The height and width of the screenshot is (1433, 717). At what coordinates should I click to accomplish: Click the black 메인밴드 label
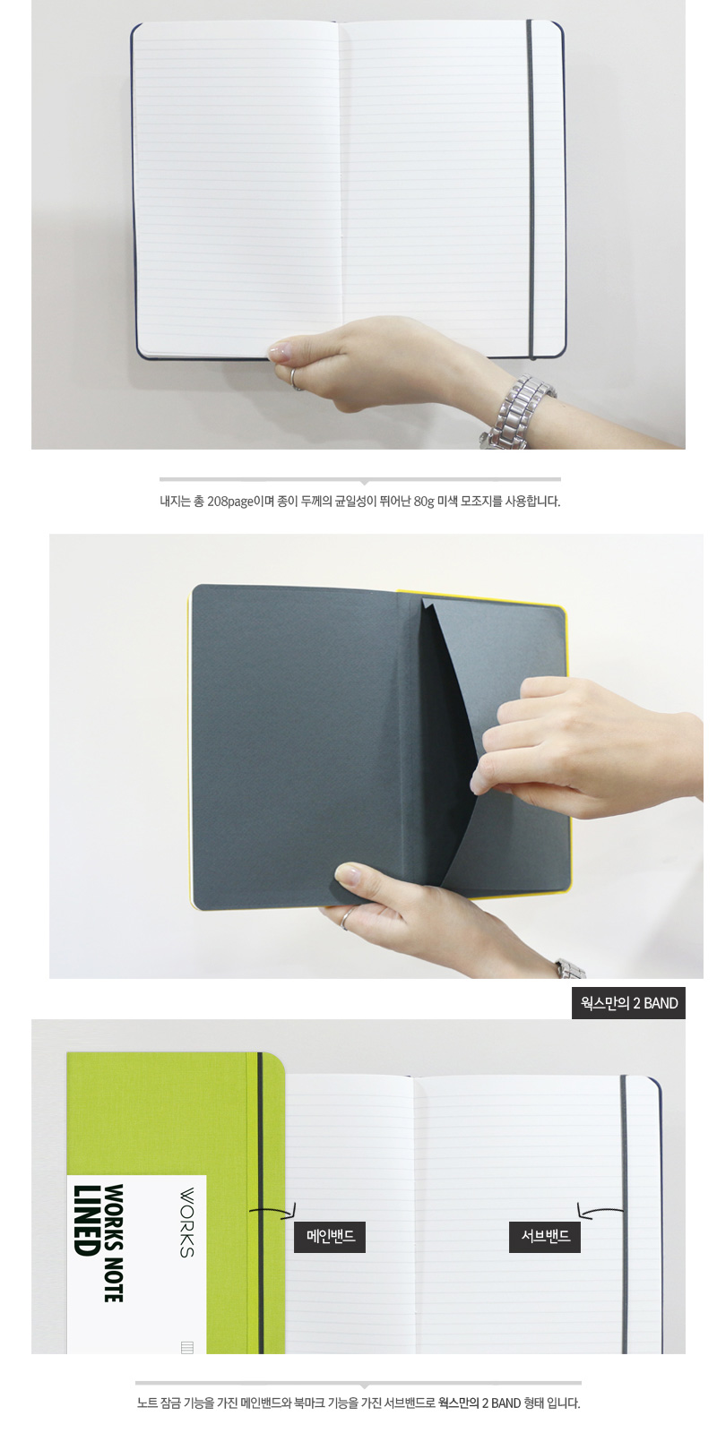point(330,1237)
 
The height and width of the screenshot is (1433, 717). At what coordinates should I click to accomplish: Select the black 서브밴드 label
point(545,1237)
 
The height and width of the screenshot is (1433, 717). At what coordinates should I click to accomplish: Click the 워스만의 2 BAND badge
point(628,1003)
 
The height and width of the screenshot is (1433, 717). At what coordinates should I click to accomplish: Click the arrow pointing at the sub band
point(600,1210)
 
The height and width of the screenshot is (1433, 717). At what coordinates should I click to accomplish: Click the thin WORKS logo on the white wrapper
point(186,1223)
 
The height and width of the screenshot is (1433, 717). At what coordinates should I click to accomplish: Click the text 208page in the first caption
point(230,502)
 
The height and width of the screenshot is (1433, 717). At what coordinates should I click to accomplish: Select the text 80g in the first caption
point(424,502)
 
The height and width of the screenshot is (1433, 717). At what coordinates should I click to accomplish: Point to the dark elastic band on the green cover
point(260,1203)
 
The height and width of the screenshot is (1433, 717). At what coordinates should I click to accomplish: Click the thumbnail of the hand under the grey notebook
point(349,874)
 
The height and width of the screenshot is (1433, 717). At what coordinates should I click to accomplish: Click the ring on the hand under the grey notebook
point(346,919)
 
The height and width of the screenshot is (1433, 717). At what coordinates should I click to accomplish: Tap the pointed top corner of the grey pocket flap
point(423,599)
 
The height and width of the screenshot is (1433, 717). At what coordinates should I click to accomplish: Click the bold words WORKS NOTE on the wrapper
point(113,1243)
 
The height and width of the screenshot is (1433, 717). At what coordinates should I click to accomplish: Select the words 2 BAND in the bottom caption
point(501,1403)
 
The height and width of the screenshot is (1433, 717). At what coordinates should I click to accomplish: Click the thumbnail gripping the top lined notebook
point(281,351)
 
